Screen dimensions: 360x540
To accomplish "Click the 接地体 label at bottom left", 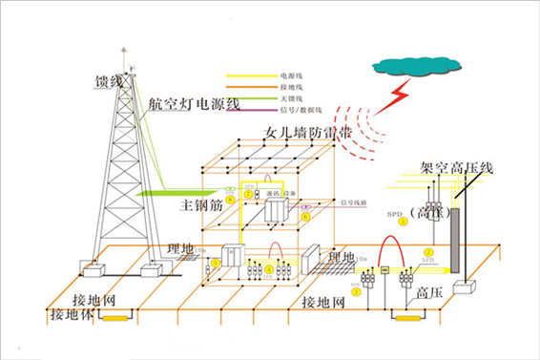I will point(71,313).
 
